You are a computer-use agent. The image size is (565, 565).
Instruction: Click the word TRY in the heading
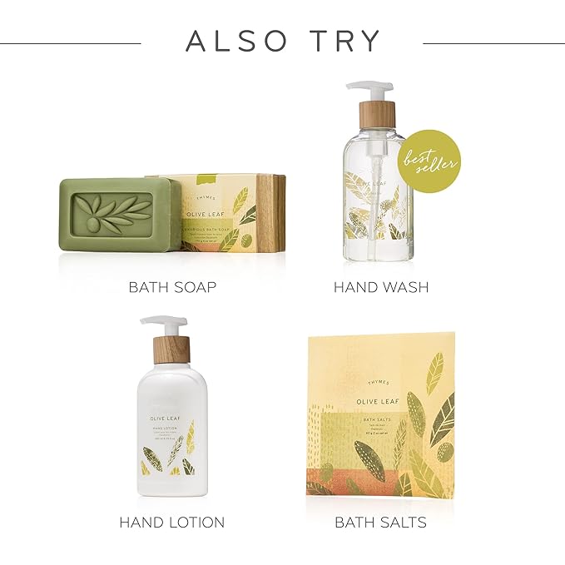coord(342,41)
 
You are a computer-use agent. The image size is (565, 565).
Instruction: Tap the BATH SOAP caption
coord(172,287)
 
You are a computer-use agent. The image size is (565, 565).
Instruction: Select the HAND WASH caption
coord(381,287)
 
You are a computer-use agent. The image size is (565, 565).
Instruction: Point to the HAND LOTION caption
coord(171,523)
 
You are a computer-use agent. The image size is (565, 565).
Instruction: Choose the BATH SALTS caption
coord(380,523)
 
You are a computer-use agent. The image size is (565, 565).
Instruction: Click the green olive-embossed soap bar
coord(117,213)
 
